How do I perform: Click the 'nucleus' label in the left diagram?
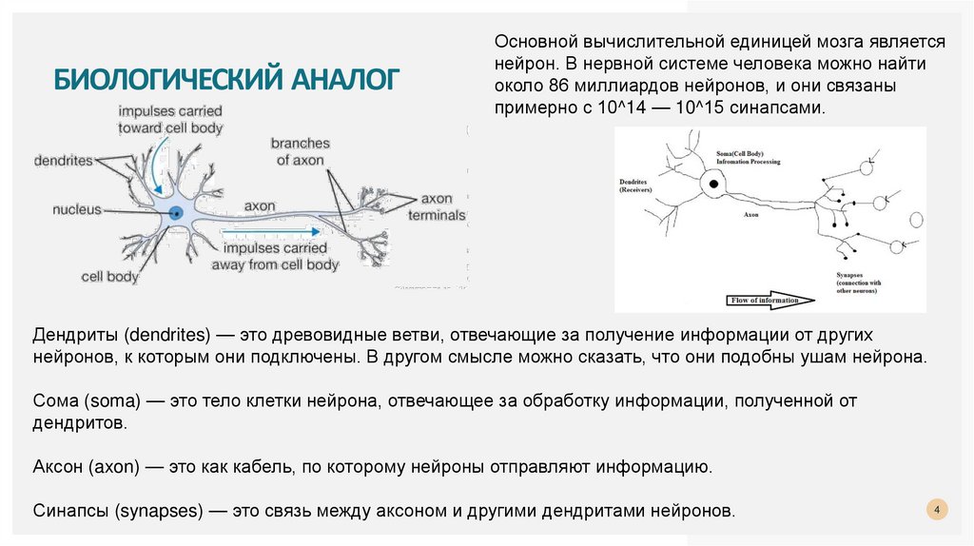point(76,209)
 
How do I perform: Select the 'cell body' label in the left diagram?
point(109,278)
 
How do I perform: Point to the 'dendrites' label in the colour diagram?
point(64,161)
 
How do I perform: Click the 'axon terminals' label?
point(438,207)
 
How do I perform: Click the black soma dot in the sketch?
point(711,184)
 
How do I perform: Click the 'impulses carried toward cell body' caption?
point(170,119)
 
